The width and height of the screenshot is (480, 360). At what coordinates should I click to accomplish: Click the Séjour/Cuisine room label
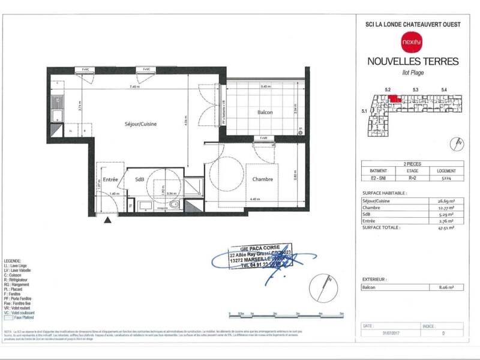pyautogui.click(x=141, y=124)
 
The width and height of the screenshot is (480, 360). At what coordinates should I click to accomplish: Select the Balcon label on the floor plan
pyautogui.click(x=265, y=113)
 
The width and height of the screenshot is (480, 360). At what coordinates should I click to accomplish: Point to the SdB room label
pyautogui.click(x=139, y=179)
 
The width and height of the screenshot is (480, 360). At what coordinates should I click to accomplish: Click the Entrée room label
pyautogui.click(x=110, y=179)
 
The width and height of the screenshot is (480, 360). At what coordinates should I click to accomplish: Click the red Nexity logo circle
pyautogui.click(x=412, y=42)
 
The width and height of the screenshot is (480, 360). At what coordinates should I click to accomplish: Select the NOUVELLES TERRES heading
pyautogui.click(x=412, y=61)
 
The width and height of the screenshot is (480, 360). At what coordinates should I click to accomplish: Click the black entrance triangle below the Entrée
pyautogui.click(x=107, y=221)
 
